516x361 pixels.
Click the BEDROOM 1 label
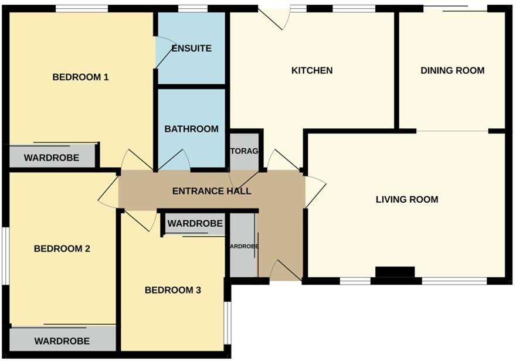coord(81,77)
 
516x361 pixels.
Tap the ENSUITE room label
coord(191,48)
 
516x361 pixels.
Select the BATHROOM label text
coord(191,129)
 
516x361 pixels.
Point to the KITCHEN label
coord(312,70)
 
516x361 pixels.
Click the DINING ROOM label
coord(452,70)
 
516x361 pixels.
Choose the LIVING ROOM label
coord(407,199)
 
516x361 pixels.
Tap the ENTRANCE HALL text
coord(212,191)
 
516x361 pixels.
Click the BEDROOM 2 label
coord(62,248)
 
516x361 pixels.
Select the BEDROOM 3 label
coord(173,290)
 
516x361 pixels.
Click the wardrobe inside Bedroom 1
coord(51,157)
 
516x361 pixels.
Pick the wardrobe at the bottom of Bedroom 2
coord(62,340)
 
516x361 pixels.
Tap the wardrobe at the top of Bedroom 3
coord(195,223)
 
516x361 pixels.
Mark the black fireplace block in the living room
coord(395,273)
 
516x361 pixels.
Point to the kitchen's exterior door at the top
coord(274,18)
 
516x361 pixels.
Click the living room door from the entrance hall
coord(314,190)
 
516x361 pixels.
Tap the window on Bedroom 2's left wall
coord(5,256)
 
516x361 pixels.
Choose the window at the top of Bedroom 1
coord(82,8)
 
